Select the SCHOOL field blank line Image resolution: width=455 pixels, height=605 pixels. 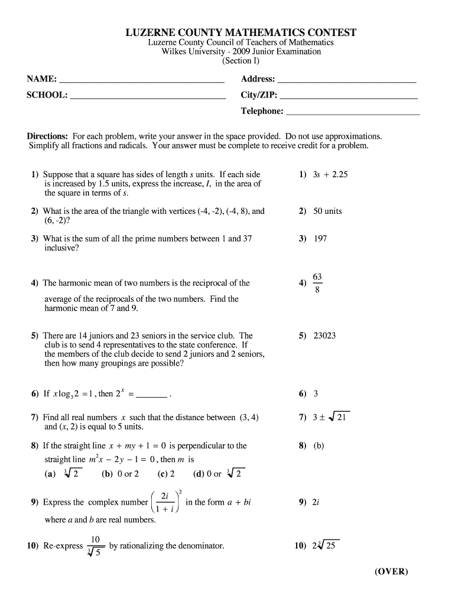[148, 96]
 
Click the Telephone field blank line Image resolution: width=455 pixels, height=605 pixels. [352, 112]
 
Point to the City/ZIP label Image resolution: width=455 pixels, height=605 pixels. [258, 95]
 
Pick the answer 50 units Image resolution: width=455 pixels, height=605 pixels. [327, 212]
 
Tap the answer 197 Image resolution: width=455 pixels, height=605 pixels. [320, 239]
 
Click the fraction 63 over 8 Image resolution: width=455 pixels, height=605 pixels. [317, 282]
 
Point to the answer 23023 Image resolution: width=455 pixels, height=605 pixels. [324, 336]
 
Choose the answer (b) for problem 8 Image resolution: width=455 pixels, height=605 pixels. [319, 446]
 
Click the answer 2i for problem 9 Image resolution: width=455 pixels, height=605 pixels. [317, 503]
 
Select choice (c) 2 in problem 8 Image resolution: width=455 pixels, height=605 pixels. [166, 474]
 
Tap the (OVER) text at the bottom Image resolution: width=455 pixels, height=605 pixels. [391, 571]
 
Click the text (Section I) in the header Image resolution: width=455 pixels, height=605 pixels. [241, 61]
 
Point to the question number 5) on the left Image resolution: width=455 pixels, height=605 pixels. [35, 336]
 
